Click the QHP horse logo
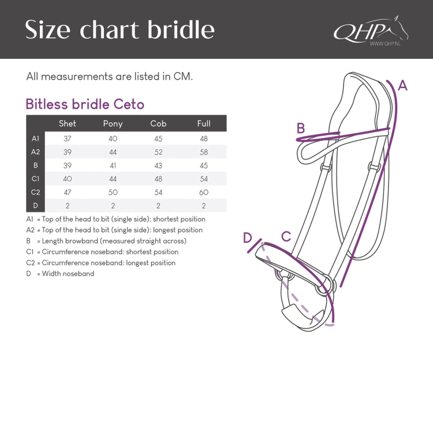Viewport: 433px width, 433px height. [x=371, y=31]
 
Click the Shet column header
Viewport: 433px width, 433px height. [x=68, y=124]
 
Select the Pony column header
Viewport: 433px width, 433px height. [x=113, y=124]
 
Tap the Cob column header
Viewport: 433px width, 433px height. [x=158, y=124]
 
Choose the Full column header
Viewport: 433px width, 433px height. [x=204, y=124]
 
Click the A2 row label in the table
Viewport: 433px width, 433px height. [x=36, y=152]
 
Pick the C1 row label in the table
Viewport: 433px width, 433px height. [x=36, y=178]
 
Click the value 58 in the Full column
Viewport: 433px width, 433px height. [x=204, y=152]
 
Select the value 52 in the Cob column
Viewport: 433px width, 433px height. [x=158, y=152]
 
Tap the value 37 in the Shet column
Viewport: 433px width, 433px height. [x=68, y=139]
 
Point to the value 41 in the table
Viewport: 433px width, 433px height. [x=113, y=166]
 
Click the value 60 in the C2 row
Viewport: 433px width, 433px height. [x=204, y=192]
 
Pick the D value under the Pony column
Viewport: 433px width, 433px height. [x=113, y=206]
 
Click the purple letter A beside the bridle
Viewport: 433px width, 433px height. [x=402, y=85]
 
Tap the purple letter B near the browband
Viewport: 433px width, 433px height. [x=301, y=128]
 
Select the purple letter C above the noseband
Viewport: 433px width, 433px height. [x=286, y=237]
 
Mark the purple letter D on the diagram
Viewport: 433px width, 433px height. [x=248, y=238]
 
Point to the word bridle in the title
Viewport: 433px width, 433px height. [x=181, y=29]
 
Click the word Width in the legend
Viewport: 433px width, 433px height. [x=51, y=274]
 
